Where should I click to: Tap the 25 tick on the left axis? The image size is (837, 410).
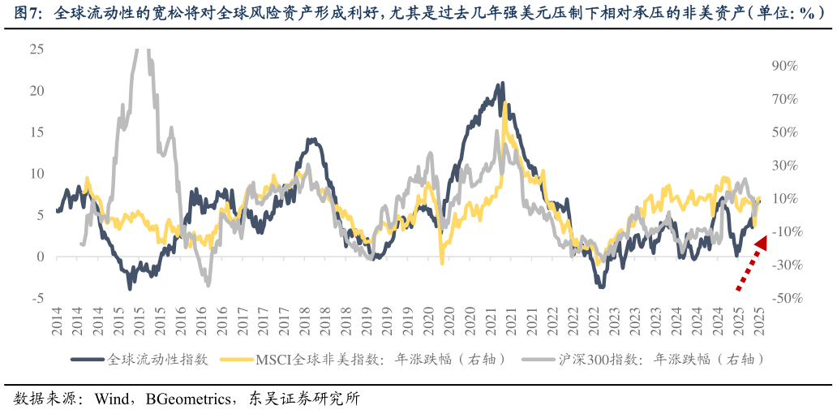[36, 49]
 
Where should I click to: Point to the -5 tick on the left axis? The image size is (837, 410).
[36, 299]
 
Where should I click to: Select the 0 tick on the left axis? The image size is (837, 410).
[39, 257]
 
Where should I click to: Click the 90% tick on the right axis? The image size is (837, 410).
[787, 66]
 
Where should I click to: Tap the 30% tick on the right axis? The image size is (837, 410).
[787, 166]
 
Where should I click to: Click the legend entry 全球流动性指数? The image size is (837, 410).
[158, 359]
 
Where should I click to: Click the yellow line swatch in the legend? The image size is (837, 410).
[238, 359]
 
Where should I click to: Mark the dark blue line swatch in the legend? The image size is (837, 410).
[88, 359]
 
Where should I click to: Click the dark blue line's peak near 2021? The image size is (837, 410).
[503, 83]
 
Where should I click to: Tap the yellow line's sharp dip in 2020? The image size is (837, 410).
[442, 263]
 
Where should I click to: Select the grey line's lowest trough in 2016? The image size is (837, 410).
[208, 285]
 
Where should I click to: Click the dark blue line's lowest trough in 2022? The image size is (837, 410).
[601, 287]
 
